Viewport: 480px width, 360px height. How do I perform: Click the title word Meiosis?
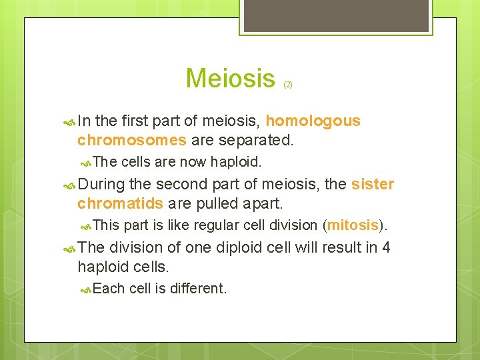[230, 79]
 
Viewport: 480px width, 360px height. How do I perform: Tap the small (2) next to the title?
[288, 85]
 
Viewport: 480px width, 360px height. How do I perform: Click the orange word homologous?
[313, 121]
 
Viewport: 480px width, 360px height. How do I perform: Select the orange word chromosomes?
[131, 140]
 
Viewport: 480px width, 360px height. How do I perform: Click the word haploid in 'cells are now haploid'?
[236, 162]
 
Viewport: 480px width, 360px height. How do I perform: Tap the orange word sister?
[372, 184]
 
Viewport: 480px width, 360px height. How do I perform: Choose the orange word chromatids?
[120, 203]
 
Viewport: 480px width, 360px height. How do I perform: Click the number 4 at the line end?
[386, 247]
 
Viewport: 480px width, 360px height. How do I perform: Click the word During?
[101, 184]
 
